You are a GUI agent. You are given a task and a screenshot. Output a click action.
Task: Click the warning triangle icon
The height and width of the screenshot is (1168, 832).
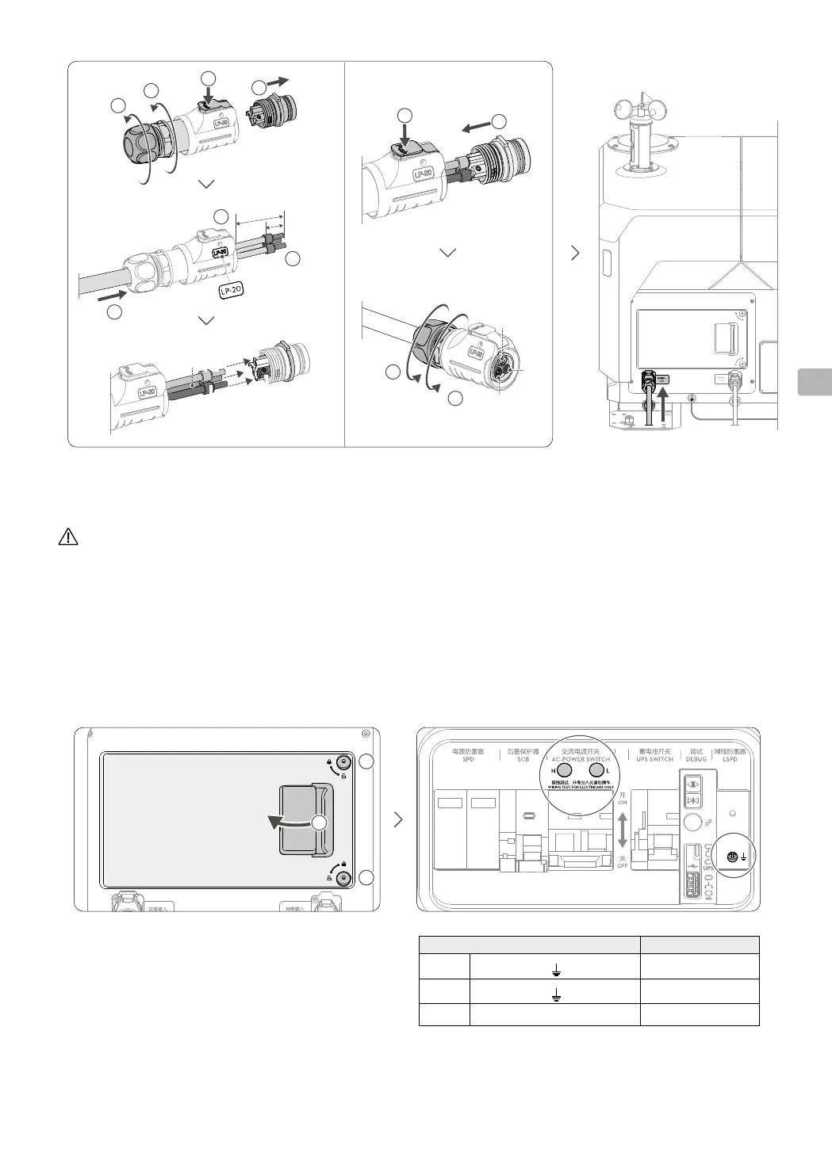(68, 536)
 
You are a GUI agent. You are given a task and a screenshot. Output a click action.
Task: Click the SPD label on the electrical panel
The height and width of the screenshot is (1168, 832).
(468, 759)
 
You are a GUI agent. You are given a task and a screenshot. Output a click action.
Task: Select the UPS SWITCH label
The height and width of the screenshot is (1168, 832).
(654, 759)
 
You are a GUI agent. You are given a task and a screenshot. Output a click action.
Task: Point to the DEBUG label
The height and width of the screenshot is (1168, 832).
(696, 759)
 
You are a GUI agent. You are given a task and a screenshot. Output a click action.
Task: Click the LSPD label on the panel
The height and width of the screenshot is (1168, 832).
(730, 759)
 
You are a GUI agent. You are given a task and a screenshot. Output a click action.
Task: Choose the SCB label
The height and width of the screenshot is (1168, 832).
(523, 759)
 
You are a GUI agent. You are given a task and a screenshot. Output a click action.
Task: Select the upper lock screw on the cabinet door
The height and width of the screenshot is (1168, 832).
(343, 763)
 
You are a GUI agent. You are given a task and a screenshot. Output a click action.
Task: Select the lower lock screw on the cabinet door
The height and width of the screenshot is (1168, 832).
(343, 877)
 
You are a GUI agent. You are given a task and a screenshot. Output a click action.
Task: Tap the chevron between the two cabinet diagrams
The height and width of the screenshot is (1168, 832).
(399, 820)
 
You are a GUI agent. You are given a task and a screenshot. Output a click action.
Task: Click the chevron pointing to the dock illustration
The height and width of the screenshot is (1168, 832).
(575, 253)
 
